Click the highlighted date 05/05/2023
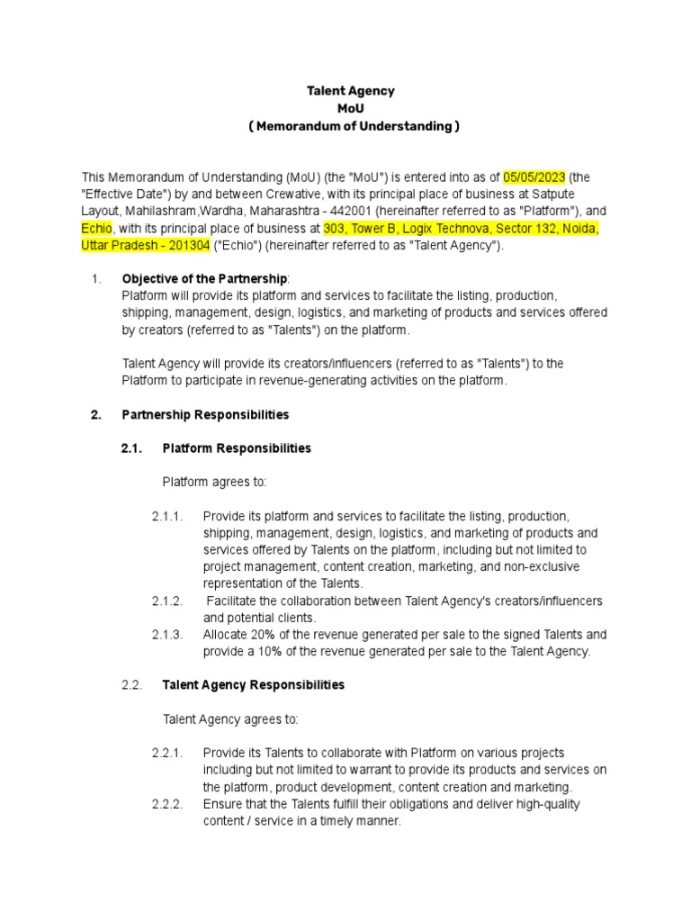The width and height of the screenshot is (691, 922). click(x=534, y=177)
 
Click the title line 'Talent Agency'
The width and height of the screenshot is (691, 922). click(x=350, y=91)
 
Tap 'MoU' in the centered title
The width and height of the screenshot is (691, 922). click(x=350, y=109)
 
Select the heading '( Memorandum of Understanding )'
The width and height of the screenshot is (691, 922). click(x=354, y=126)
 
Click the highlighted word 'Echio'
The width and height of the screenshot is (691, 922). click(x=97, y=229)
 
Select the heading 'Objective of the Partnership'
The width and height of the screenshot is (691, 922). click(x=204, y=278)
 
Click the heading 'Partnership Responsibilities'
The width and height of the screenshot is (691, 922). click(x=205, y=415)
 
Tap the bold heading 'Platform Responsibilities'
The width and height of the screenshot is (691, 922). click(x=237, y=447)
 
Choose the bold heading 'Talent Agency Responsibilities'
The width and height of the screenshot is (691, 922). click(x=253, y=685)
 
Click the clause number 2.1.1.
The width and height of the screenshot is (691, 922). click(x=167, y=516)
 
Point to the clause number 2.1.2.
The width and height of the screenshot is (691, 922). click(x=167, y=601)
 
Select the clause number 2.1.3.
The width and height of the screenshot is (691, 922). click(x=167, y=635)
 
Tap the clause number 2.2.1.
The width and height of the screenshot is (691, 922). click(x=167, y=753)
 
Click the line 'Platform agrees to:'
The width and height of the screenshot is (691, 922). click(x=214, y=482)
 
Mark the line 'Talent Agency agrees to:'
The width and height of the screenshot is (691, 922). click(x=229, y=719)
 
